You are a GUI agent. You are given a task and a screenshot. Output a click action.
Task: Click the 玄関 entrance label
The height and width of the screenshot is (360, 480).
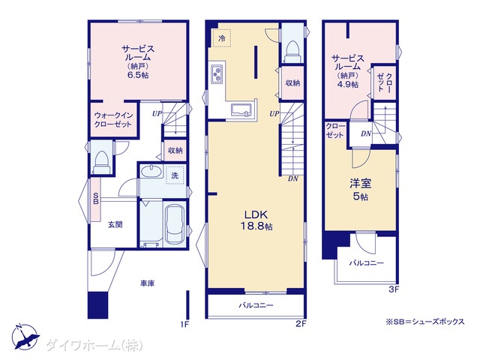point(115,225)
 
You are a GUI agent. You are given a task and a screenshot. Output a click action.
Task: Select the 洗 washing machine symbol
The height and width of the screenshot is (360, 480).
point(175,175)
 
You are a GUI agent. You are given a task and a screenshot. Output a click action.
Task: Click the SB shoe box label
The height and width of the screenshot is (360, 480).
point(95,198)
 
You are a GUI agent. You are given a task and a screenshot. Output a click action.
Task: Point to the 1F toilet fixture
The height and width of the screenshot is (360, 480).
point(101,162)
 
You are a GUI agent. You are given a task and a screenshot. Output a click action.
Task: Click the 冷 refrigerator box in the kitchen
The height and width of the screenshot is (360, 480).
point(222,38)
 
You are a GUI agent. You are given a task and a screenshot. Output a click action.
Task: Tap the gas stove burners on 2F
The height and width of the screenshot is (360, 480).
point(217,73)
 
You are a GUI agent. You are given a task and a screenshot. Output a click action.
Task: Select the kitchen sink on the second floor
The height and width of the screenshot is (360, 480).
point(241,110)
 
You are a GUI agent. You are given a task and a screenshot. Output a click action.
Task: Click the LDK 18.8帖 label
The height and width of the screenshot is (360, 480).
point(256,220)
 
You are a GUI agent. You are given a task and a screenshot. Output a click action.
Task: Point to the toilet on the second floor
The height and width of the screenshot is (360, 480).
point(292,52)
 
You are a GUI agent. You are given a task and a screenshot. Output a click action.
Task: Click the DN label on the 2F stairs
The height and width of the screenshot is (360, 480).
point(293,178)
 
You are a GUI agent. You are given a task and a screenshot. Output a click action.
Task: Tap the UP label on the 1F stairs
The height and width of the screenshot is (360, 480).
point(157,114)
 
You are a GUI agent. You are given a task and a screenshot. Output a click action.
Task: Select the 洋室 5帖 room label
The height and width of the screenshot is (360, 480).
point(361,190)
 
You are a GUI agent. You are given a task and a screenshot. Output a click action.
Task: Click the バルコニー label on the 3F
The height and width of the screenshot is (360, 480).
point(367,263)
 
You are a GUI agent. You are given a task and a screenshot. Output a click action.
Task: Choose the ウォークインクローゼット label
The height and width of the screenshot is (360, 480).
point(113,120)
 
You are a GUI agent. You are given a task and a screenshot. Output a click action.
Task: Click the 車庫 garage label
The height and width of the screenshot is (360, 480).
point(147,283)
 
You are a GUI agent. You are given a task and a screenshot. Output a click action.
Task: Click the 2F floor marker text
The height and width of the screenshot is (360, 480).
point(301,323)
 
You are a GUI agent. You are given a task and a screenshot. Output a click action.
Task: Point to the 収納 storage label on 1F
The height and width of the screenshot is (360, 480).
point(175,150)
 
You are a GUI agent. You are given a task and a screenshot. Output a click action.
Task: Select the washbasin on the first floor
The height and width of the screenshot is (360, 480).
point(151,171)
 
